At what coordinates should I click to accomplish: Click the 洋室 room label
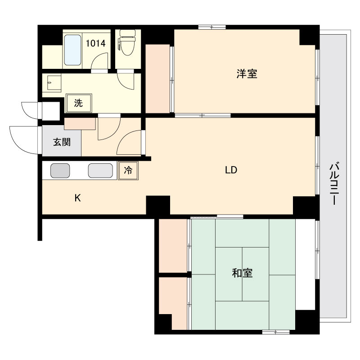[247, 74]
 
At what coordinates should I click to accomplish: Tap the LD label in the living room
[231, 170]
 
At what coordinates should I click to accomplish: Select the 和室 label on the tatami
[242, 273]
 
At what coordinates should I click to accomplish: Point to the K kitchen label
[77, 198]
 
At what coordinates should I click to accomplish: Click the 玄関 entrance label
[62, 142]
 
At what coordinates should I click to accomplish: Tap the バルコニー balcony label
[334, 184]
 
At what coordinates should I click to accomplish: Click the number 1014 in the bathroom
[95, 43]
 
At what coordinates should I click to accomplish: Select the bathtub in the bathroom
[72, 50]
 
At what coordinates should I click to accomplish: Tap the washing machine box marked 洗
[79, 103]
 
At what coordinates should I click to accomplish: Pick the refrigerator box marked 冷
[128, 171]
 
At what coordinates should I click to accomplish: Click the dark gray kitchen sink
[60, 171]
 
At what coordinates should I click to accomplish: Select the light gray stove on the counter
[100, 171]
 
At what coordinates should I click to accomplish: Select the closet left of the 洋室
[158, 78]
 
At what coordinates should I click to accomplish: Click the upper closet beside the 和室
[173, 246]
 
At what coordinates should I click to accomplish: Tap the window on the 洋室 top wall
[212, 27]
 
